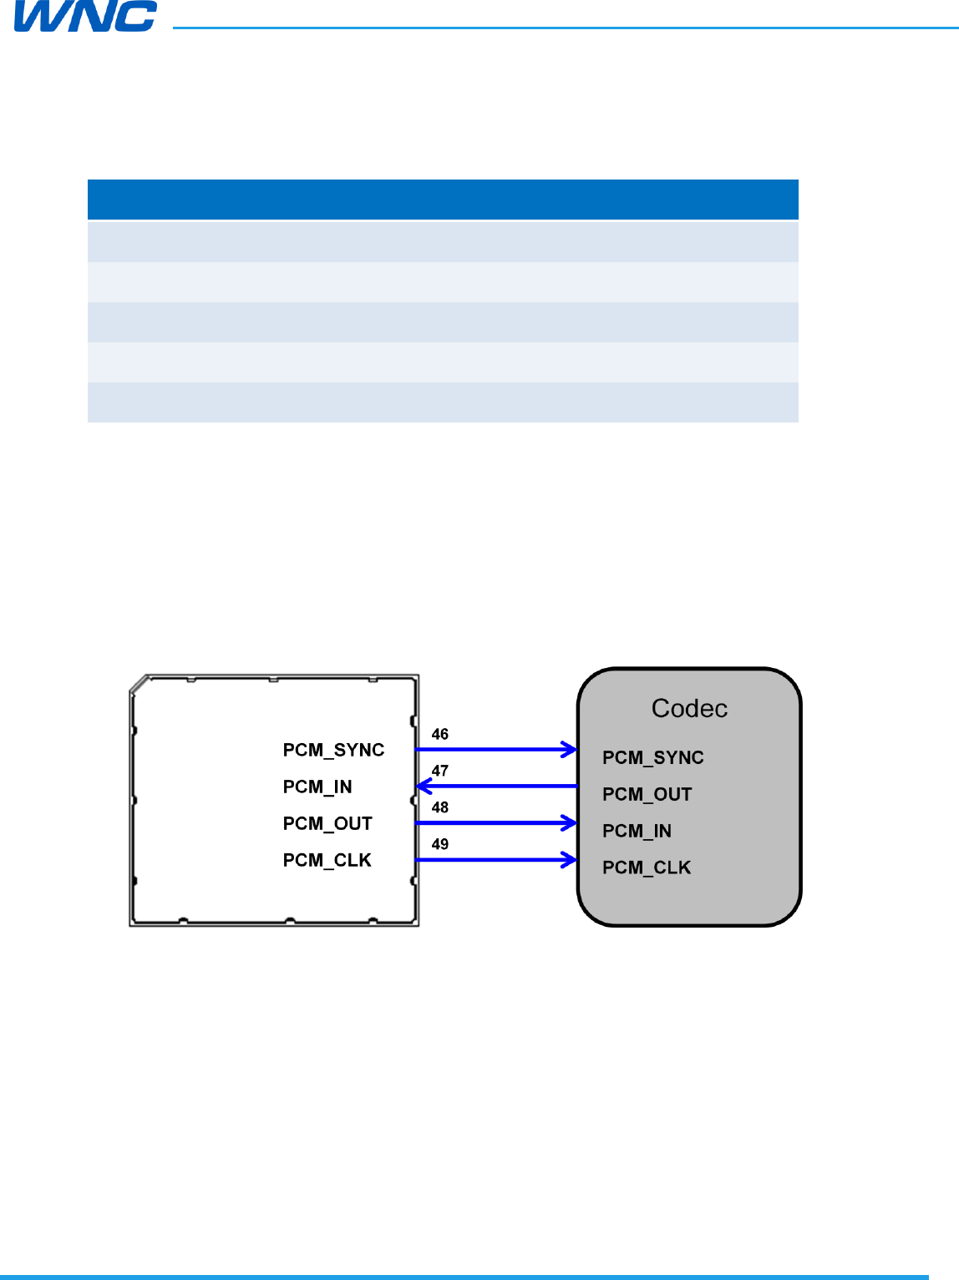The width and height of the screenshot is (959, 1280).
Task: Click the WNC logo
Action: pyautogui.click(x=85, y=17)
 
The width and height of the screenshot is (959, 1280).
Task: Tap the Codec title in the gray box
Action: pyautogui.click(x=689, y=708)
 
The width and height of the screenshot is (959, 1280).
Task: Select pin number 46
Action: pyautogui.click(x=440, y=734)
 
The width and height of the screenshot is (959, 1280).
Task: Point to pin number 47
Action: pyautogui.click(x=440, y=771)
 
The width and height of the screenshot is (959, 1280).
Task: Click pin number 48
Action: pyautogui.click(x=440, y=807)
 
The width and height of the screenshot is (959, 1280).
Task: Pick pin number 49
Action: pyautogui.click(x=440, y=844)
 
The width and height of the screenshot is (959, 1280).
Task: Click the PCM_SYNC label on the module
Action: pyautogui.click(x=333, y=750)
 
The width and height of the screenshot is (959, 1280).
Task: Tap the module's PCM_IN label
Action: pyautogui.click(x=317, y=787)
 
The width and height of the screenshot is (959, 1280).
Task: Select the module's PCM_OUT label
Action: pyautogui.click(x=327, y=823)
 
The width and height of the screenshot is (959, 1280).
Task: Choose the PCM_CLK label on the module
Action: pyautogui.click(x=327, y=860)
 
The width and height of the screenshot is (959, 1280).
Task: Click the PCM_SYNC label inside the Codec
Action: pyautogui.click(x=653, y=757)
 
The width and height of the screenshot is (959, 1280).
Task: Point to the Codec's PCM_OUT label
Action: pyautogui.click(x=647, y=794)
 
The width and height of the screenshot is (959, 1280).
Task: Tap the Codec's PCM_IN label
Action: pyautogui.click(x=637, y=831)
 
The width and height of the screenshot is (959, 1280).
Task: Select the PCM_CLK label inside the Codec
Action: pyautogui.click(x=647, y=868)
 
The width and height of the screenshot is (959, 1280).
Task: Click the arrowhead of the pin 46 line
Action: pyautogui.click(x=570, y=750)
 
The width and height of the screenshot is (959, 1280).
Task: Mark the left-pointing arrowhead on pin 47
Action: pyautogui.click(x=424, y=787)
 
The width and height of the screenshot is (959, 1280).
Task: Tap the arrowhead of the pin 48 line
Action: pyautogui.click(x=570, y=823)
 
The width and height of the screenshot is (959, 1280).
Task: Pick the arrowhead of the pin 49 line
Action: pyautogui.click(x=570, y=860)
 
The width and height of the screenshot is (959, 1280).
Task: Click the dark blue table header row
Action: pyautogui.click(x=443, y=200)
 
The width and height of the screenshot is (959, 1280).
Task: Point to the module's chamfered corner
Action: pyautogui.click(x=139, y=684)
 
